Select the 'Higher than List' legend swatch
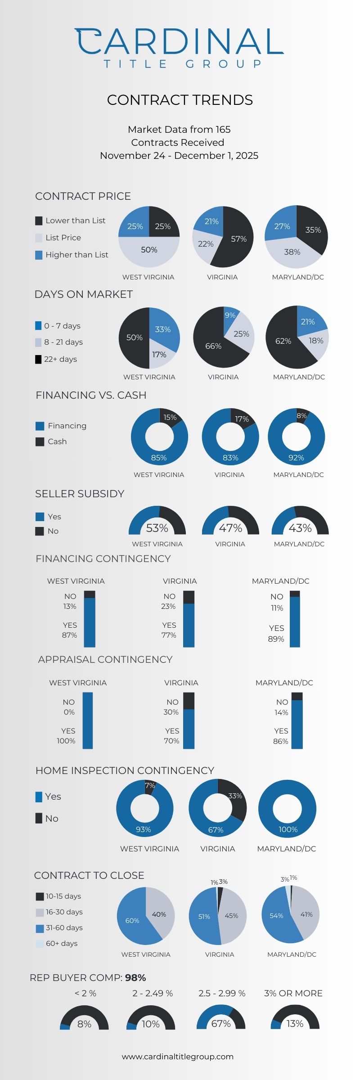[x=39, y=255]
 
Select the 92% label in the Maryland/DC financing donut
[x=296, y=458]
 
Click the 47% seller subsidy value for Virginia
[x=230, y=528]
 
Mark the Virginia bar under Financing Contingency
[x=189, y=619]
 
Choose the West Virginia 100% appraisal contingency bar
[x=88, y=720]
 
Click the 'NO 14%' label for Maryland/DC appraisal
[x=282, y=707]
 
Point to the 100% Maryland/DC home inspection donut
[x=287, y=809]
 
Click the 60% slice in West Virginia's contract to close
[x=132, y=921]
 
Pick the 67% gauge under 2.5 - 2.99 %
[x=221, y=1018]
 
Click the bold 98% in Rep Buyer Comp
[x=135, y=977]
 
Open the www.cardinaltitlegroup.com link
[x=178, y=1056]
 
